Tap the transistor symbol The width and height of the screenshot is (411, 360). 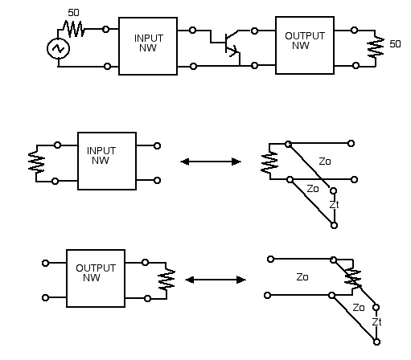[x=231, y=44]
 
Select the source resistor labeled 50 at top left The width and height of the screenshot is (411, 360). [x=74, y=29]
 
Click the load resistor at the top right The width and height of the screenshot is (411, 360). [x=376, y=47]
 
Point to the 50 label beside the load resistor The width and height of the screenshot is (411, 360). [x=395, y=44]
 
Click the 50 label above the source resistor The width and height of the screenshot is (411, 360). [x=73, y=13]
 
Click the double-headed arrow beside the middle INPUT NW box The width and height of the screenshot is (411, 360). [x=211, y=162]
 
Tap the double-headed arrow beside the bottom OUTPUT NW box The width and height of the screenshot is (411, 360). [x=216, y=280]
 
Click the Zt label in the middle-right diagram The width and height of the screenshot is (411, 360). [x=334, y=205]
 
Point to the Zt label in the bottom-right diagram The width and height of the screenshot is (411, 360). [x=376, y=321]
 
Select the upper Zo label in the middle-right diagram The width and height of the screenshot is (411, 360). [x=325, y=162]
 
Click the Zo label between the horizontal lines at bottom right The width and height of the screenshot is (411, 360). [x=302, y=277]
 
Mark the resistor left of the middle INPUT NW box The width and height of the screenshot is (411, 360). [x=36, y=162]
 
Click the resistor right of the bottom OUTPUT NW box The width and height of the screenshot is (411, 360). [x=166, y=280]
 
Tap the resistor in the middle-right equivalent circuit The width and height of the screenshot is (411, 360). [x=269, y=162]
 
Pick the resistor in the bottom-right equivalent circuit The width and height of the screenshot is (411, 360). [x=353, y=278]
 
